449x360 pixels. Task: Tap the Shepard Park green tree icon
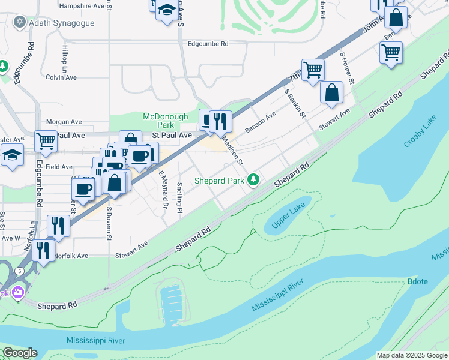tap(254, 179)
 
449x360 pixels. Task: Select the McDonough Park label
tap(165, 121)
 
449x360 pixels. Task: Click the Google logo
tap(20, 353)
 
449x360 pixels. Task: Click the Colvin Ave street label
tap(61, 77)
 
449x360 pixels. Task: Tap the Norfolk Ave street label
tap(70, 256)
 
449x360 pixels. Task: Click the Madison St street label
tap(233, 149)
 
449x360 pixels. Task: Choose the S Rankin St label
tap(295, 103)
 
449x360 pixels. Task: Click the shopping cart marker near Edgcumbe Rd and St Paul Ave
tap(46, 142)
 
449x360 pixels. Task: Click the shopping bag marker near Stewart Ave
tap(331, 92)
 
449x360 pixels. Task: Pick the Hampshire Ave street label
tap(82, 5)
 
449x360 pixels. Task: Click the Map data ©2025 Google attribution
tap(412, 355)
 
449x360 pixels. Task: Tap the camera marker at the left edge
tap(17, 292)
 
